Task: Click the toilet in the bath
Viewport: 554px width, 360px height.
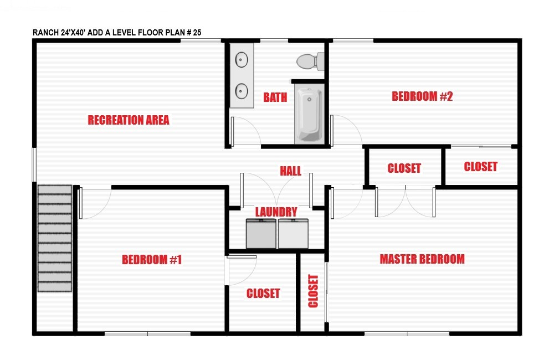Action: pyautogui.click(x=310, y=61)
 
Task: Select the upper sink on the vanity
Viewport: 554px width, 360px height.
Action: pyautogui.click(x=242, y=60)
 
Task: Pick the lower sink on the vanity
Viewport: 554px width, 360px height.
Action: pyautogui.click(x=242, y=91)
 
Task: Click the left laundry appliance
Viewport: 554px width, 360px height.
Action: pyautogui.click(x=261, y=234)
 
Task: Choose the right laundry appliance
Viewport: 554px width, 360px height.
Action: pyautogui.click(x=293, y=234)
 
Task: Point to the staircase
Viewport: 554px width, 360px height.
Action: pyautogui.click(x=55, y=239)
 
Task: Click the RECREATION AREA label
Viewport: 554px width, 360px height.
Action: pyautogui.click(x=129, y=120)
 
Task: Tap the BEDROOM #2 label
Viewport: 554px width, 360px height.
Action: pyautogui.click(x=422, y=96)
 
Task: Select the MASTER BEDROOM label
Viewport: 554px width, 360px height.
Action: pyautogui.click(x=422, y=259)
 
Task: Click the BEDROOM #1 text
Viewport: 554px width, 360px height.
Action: pyautogui.click(x=152, y=260)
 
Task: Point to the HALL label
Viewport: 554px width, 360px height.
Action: pyautogui.click(x=290, y=171)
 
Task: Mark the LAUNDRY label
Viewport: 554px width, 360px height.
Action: pyautogui.click(x=276, y=212)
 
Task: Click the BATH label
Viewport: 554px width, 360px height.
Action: pyautogui.click(x=275, y=97)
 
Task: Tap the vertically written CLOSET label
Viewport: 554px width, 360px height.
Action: pyautogui.click(x=313, y=291)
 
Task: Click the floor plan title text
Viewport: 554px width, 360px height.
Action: pyautogui.click(x=117, y=33)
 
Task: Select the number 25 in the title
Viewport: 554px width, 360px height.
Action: pyautogui.click(x=197, y=33)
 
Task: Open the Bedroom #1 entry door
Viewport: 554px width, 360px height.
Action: pyautogui.click(x=95, y=204)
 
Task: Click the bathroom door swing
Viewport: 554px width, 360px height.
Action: pyautogui.click(x=246, y=131)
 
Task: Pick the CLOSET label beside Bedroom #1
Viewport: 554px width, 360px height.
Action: pyautogui.click(x=263, y=293)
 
